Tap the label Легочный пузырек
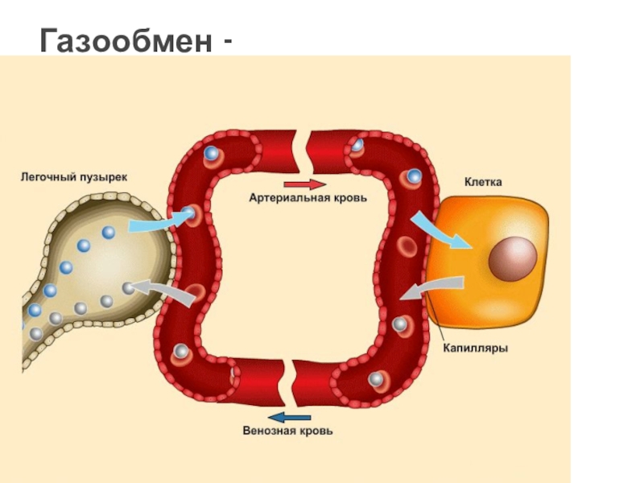tap(73, 175)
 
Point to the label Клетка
tap(482, 182)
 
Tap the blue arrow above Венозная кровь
tap(289, 416)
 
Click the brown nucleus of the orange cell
tap(513, 258)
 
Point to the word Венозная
tap(269, 431)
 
